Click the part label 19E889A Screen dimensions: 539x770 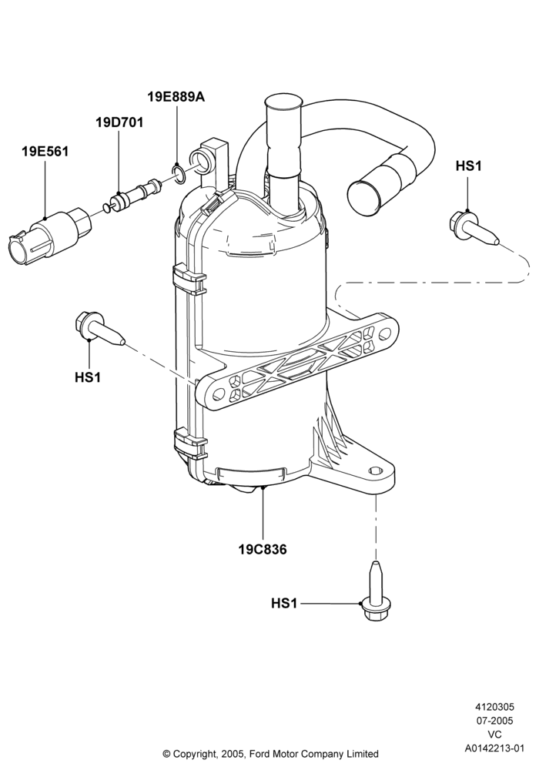(176, 97)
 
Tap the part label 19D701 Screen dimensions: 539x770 (119, 122)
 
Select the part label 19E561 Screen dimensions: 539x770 (45, 151)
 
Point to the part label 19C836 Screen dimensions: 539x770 (263, 549)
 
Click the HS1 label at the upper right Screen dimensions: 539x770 (468, 166)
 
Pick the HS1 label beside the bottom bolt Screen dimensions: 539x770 (284, 603)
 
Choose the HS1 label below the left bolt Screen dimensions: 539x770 (88, 377)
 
